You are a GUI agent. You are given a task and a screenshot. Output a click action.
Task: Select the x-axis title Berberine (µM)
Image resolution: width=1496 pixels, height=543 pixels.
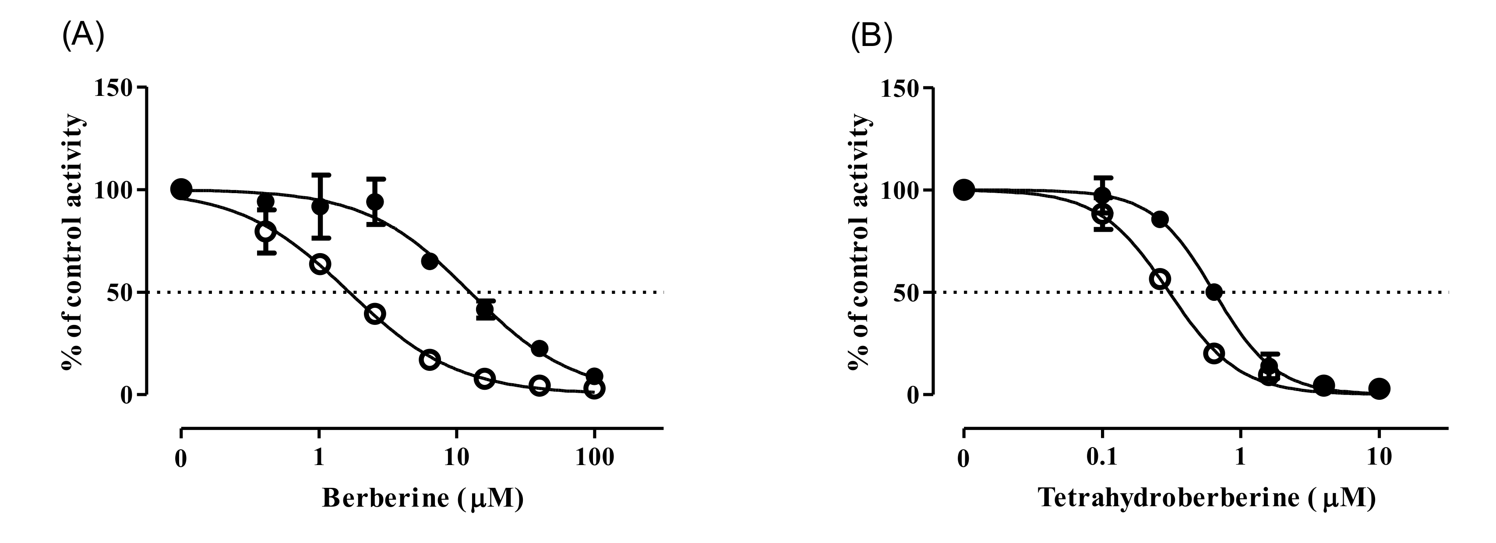point(422,498)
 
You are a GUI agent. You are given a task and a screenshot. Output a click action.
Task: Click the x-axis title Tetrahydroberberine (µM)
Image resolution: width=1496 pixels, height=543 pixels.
point(1207,498)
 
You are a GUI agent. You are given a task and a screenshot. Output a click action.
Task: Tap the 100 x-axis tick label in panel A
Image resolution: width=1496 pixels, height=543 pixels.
point(594,458)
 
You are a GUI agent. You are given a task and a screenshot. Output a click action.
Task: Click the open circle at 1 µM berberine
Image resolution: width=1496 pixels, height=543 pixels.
point(320,264)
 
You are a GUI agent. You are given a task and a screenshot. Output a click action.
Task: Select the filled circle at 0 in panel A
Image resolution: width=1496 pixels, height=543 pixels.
point(181,189)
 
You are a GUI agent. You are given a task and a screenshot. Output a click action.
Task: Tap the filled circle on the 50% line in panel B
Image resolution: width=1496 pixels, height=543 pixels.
point(1214,292)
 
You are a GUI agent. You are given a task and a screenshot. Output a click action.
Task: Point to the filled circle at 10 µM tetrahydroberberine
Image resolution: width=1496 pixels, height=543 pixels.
point(1379,388)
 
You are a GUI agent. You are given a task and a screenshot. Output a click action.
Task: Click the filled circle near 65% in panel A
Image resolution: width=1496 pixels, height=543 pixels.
point(430,261)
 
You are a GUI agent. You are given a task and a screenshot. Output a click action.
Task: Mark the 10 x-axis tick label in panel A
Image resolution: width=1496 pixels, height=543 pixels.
point(456,458)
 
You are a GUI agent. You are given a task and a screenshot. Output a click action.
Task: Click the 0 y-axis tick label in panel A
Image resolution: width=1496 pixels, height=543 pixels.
point(126,396)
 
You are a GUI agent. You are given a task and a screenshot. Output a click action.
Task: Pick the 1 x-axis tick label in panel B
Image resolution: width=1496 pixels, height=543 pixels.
point(1240,458)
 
